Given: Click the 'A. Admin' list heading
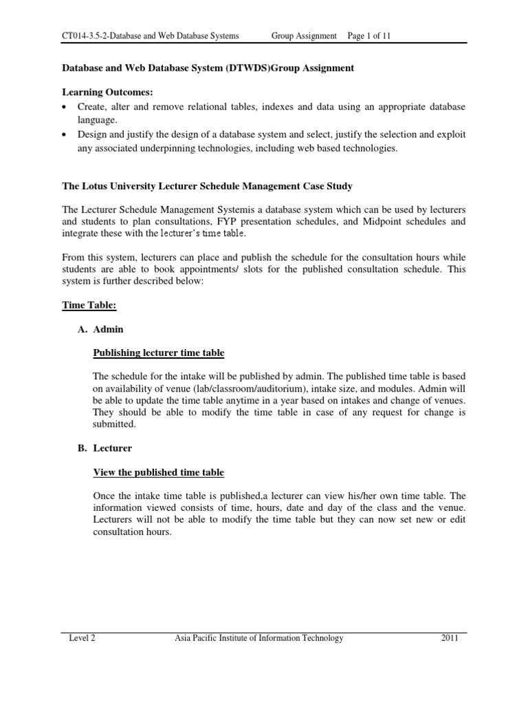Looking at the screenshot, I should (x=100, y=330).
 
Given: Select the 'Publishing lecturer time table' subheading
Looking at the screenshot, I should (x=158, y=353).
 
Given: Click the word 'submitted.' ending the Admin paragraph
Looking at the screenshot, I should (x=115, y=425).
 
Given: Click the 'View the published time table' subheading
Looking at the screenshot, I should (x=158, y=472).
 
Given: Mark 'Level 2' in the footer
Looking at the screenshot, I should (x=82, y=638).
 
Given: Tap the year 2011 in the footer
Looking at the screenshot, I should (x=450, y=638).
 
